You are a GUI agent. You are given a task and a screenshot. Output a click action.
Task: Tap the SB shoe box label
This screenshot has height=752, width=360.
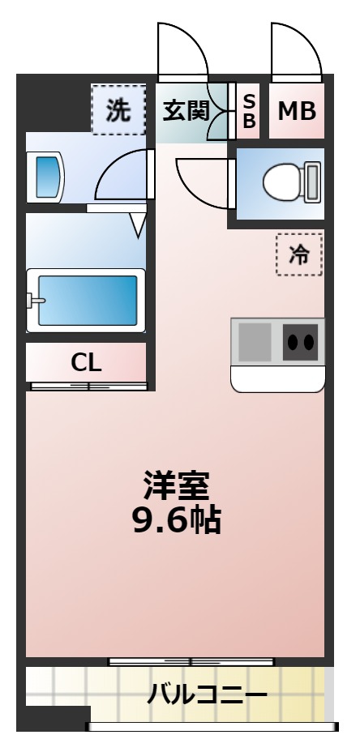(x=249, y=110)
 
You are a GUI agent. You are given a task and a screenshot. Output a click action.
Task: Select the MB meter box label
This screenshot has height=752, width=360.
(x=297, y=111)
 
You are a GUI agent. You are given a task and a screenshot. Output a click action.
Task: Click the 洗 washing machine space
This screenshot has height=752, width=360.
(x=118, y=110)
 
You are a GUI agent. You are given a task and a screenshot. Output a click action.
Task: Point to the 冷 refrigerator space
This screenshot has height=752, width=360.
(x=299, y=254)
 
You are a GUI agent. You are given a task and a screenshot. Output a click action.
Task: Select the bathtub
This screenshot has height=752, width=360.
(x=86, y=301)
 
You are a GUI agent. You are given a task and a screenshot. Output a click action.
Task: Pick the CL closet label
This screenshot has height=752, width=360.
(x=86, y=363)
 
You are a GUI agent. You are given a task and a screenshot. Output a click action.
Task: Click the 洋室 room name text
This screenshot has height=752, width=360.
(x=176, y=486)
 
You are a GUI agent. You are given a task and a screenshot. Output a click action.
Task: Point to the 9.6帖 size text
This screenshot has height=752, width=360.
(x=176, y=519)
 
